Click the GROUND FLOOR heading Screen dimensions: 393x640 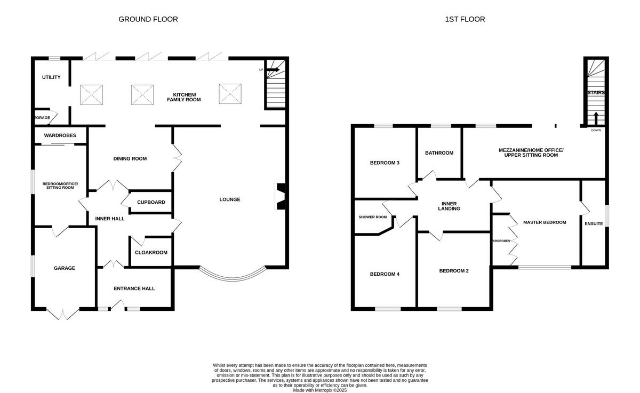148,19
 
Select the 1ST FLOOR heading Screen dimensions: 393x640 465,19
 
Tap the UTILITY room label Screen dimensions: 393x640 51,77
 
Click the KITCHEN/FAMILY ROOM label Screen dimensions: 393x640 183,97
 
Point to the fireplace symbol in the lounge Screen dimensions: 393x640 280,197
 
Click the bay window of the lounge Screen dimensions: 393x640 233,275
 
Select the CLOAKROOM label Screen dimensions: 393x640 151,253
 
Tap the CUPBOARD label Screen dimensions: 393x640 151,202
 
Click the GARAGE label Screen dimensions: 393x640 64,268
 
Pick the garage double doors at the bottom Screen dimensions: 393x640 63,314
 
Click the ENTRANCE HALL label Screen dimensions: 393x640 134,288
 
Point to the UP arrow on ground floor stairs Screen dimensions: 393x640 273,69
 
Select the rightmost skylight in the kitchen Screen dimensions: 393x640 230,94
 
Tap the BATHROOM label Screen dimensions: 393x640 439,153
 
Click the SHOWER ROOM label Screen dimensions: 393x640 373,217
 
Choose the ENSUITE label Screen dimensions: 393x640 594,223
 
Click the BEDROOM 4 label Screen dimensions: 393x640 385,274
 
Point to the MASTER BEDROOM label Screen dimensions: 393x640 545,222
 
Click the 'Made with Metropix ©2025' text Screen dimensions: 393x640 319,390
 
